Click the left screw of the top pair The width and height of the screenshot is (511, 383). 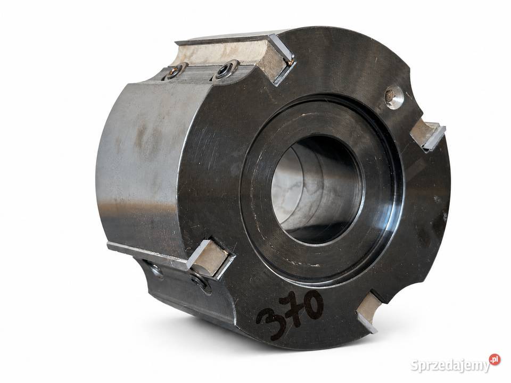point(174,72)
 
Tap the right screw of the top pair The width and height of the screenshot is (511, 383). point(225,70)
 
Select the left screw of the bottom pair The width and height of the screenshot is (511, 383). point(156,270)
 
